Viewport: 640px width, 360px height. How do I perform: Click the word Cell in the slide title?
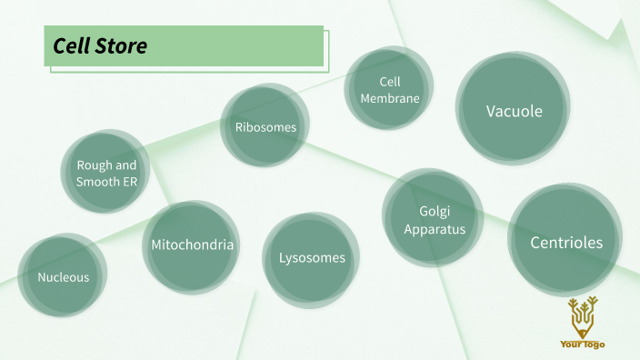coord(71,46)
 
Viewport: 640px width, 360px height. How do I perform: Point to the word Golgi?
coord(435,212)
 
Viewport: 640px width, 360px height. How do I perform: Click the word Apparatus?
coord(435,229)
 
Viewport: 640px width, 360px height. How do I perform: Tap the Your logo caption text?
coord(583,345)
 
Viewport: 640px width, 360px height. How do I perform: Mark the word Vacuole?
coord(514,111)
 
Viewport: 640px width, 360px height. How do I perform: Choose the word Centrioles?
coord(565,242)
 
